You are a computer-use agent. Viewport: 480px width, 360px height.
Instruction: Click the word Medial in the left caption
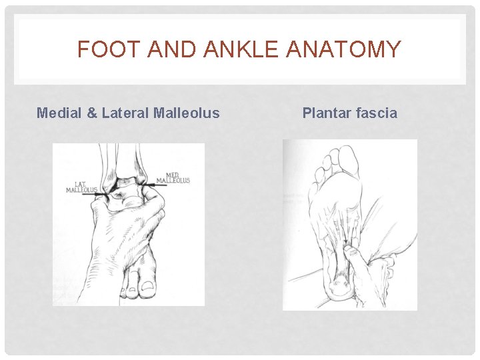[59, 113]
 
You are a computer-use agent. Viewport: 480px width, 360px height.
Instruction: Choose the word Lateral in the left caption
[124, 113]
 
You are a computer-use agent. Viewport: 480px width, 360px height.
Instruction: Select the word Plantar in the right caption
[326, 113]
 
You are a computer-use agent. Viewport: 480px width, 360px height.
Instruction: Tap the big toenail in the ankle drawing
[145, 287]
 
